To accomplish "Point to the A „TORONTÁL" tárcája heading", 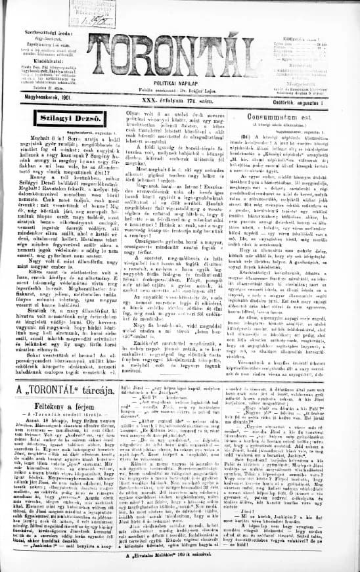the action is click(56, 392).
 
